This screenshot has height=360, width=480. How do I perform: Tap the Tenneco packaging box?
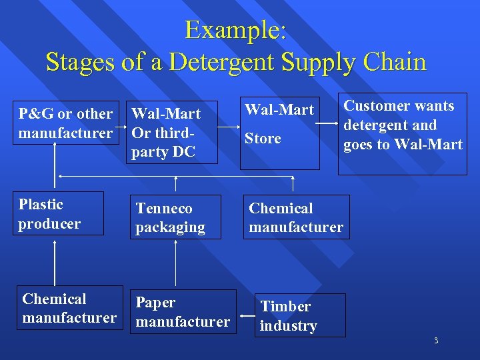click(175, 218)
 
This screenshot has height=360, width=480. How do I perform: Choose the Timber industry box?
click(301, 315)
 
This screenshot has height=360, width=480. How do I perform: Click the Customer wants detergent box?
click(402, 134)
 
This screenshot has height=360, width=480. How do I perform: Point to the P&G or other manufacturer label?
click(65, 123)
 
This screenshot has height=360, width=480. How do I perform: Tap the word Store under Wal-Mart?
click(263, 139)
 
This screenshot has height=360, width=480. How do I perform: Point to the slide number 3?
click(436, 341)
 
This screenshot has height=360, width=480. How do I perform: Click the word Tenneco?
click(164, 209)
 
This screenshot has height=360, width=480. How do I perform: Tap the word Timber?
click(285, 307)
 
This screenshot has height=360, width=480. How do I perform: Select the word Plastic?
click(41, 205)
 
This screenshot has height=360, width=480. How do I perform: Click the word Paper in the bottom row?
click(155, 303)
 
